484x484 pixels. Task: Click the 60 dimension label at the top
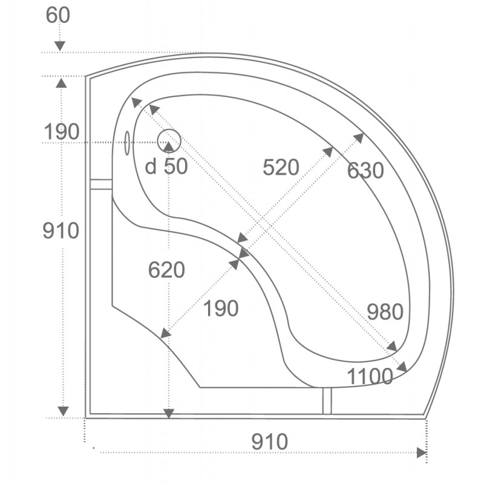pos(57,15)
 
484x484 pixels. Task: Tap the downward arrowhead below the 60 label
pos(60,46)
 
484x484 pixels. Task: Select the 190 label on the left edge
pos(62,132)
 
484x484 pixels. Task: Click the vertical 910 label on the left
pos(61,231)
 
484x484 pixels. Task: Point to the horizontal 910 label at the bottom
pos(269,442)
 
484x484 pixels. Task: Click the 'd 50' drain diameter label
pos(166,167)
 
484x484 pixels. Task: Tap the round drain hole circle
pos(169,140)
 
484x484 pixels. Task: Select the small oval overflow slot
pos(127,143)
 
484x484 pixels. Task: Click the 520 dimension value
pos(281,168)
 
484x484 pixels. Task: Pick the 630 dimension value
pos(365,170)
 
